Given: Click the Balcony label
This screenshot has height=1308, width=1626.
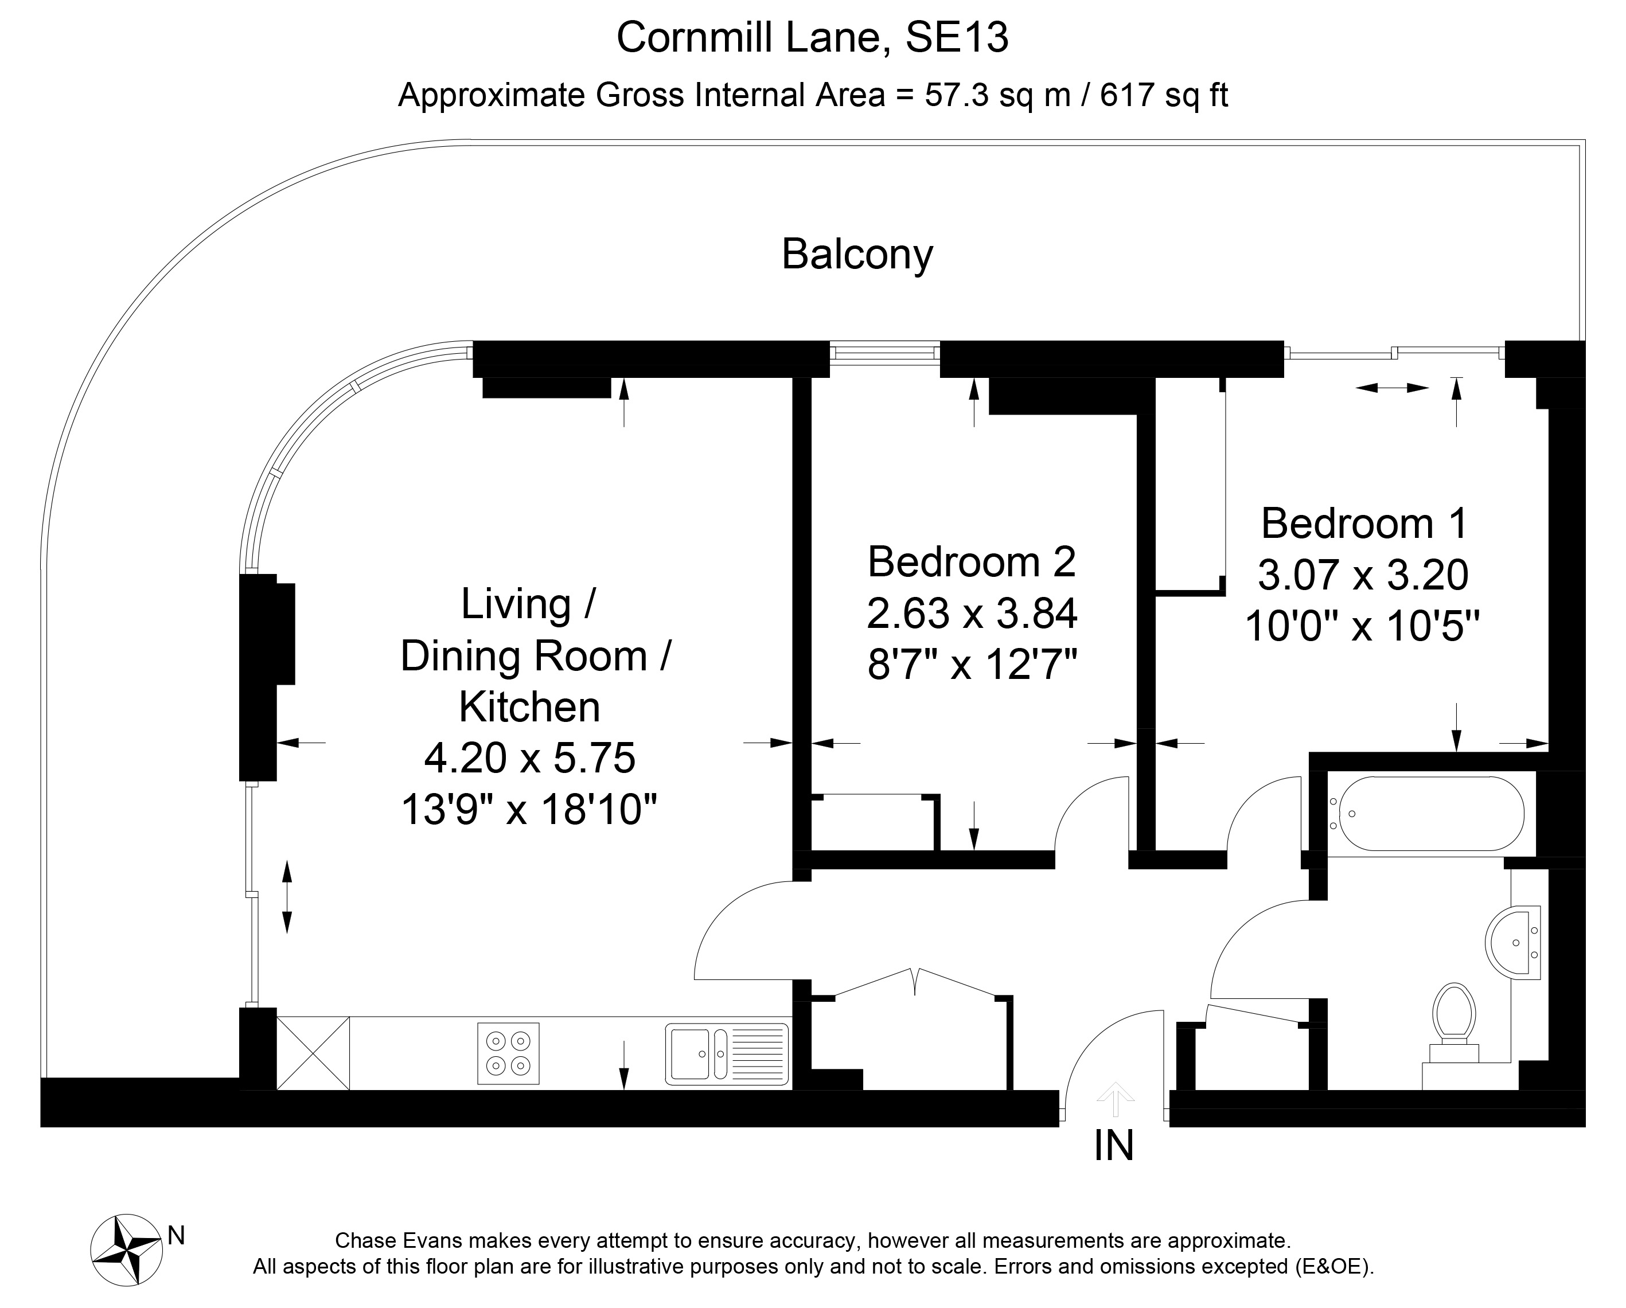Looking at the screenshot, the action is (x=857, y=255).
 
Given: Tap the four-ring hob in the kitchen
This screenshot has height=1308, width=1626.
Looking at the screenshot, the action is (x=508, y=1053).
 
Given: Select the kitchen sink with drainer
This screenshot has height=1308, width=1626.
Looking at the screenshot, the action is (x=727, y=1053).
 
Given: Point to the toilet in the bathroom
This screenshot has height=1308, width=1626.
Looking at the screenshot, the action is (x=1454, y=1025).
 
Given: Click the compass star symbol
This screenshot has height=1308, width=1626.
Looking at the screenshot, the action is (x=126, y=1251).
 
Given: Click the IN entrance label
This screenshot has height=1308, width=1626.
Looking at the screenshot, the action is (x=1114, y=1146).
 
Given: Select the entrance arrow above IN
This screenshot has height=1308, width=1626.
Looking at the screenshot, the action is (x=1114, y=1100).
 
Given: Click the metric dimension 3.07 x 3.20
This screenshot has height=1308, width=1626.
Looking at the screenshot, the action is (x=1363, y=575).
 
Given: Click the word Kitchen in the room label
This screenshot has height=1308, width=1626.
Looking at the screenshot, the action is (x=529, y=707).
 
